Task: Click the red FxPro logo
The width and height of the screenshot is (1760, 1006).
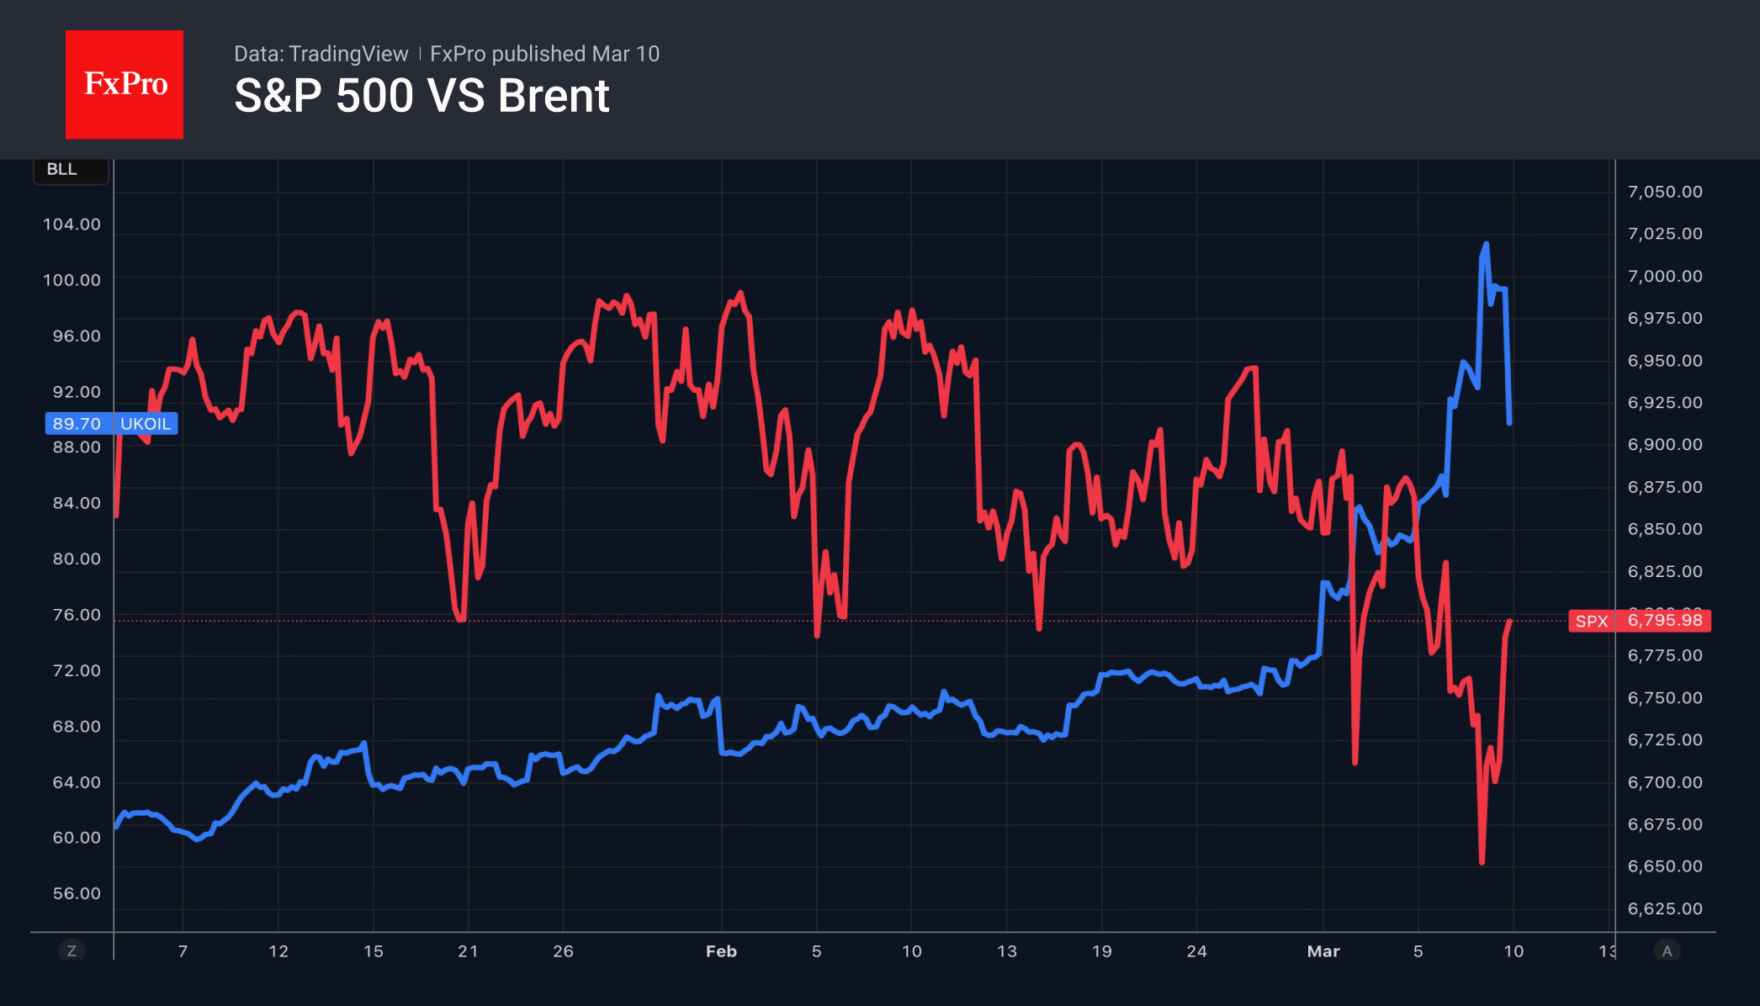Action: [x=125, y=84]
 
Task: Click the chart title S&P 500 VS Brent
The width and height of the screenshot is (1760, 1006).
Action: [x=421, y=96]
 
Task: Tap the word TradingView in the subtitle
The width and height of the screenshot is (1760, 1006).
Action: [x=347, y=54]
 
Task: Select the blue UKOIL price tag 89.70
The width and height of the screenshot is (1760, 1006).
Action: [x=111, y=423]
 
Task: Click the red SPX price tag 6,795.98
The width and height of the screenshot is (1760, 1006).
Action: [x=1639, y=621]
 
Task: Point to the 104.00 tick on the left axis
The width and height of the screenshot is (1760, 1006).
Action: [x=72, y=225]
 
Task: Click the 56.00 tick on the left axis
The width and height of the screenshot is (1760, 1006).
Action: [x=77, y=893]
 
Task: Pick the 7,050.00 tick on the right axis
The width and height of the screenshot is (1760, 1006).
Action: [x=1665, y=192]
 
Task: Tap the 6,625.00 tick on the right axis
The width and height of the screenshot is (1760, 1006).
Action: [x=1665, y=908]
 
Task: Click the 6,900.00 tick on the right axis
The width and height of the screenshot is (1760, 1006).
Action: [x=1665, y=445]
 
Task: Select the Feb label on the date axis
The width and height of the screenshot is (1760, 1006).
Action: [x=721, y=951]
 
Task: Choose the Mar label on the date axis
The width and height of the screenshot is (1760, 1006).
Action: [x=1323, y=951]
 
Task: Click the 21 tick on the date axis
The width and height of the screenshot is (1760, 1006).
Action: [x=468, y=951]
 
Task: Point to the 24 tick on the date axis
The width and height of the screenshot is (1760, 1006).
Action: [x=1196, y=951]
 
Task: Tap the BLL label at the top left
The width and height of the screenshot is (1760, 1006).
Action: [x=62, y=169]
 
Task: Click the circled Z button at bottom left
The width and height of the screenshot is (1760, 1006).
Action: [x=72, y=951]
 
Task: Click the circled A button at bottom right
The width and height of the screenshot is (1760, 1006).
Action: [x=1667, y=951]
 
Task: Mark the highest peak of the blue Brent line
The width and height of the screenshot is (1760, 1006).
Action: [x=1486, y=245]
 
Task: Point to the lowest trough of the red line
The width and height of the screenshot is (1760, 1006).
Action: [x=1482, y=861]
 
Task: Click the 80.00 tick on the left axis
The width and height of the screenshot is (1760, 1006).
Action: [x=77, y=559]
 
